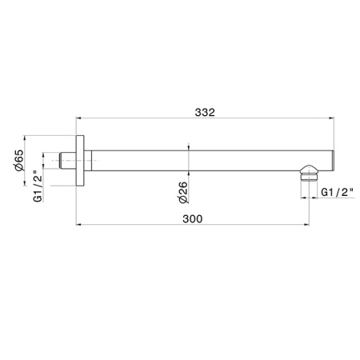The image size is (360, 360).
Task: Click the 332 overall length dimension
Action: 205,112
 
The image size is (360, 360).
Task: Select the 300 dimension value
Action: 192,218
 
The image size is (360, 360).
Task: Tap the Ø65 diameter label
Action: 19,160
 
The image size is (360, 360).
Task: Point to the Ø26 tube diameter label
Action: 183,193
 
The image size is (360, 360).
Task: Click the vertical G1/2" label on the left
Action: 38,186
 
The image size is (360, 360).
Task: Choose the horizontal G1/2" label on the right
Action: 337,192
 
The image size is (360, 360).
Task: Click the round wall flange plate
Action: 80,161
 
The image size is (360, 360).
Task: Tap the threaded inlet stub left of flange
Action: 68,161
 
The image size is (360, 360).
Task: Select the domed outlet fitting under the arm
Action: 309,170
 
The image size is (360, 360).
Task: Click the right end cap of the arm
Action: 333,161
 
